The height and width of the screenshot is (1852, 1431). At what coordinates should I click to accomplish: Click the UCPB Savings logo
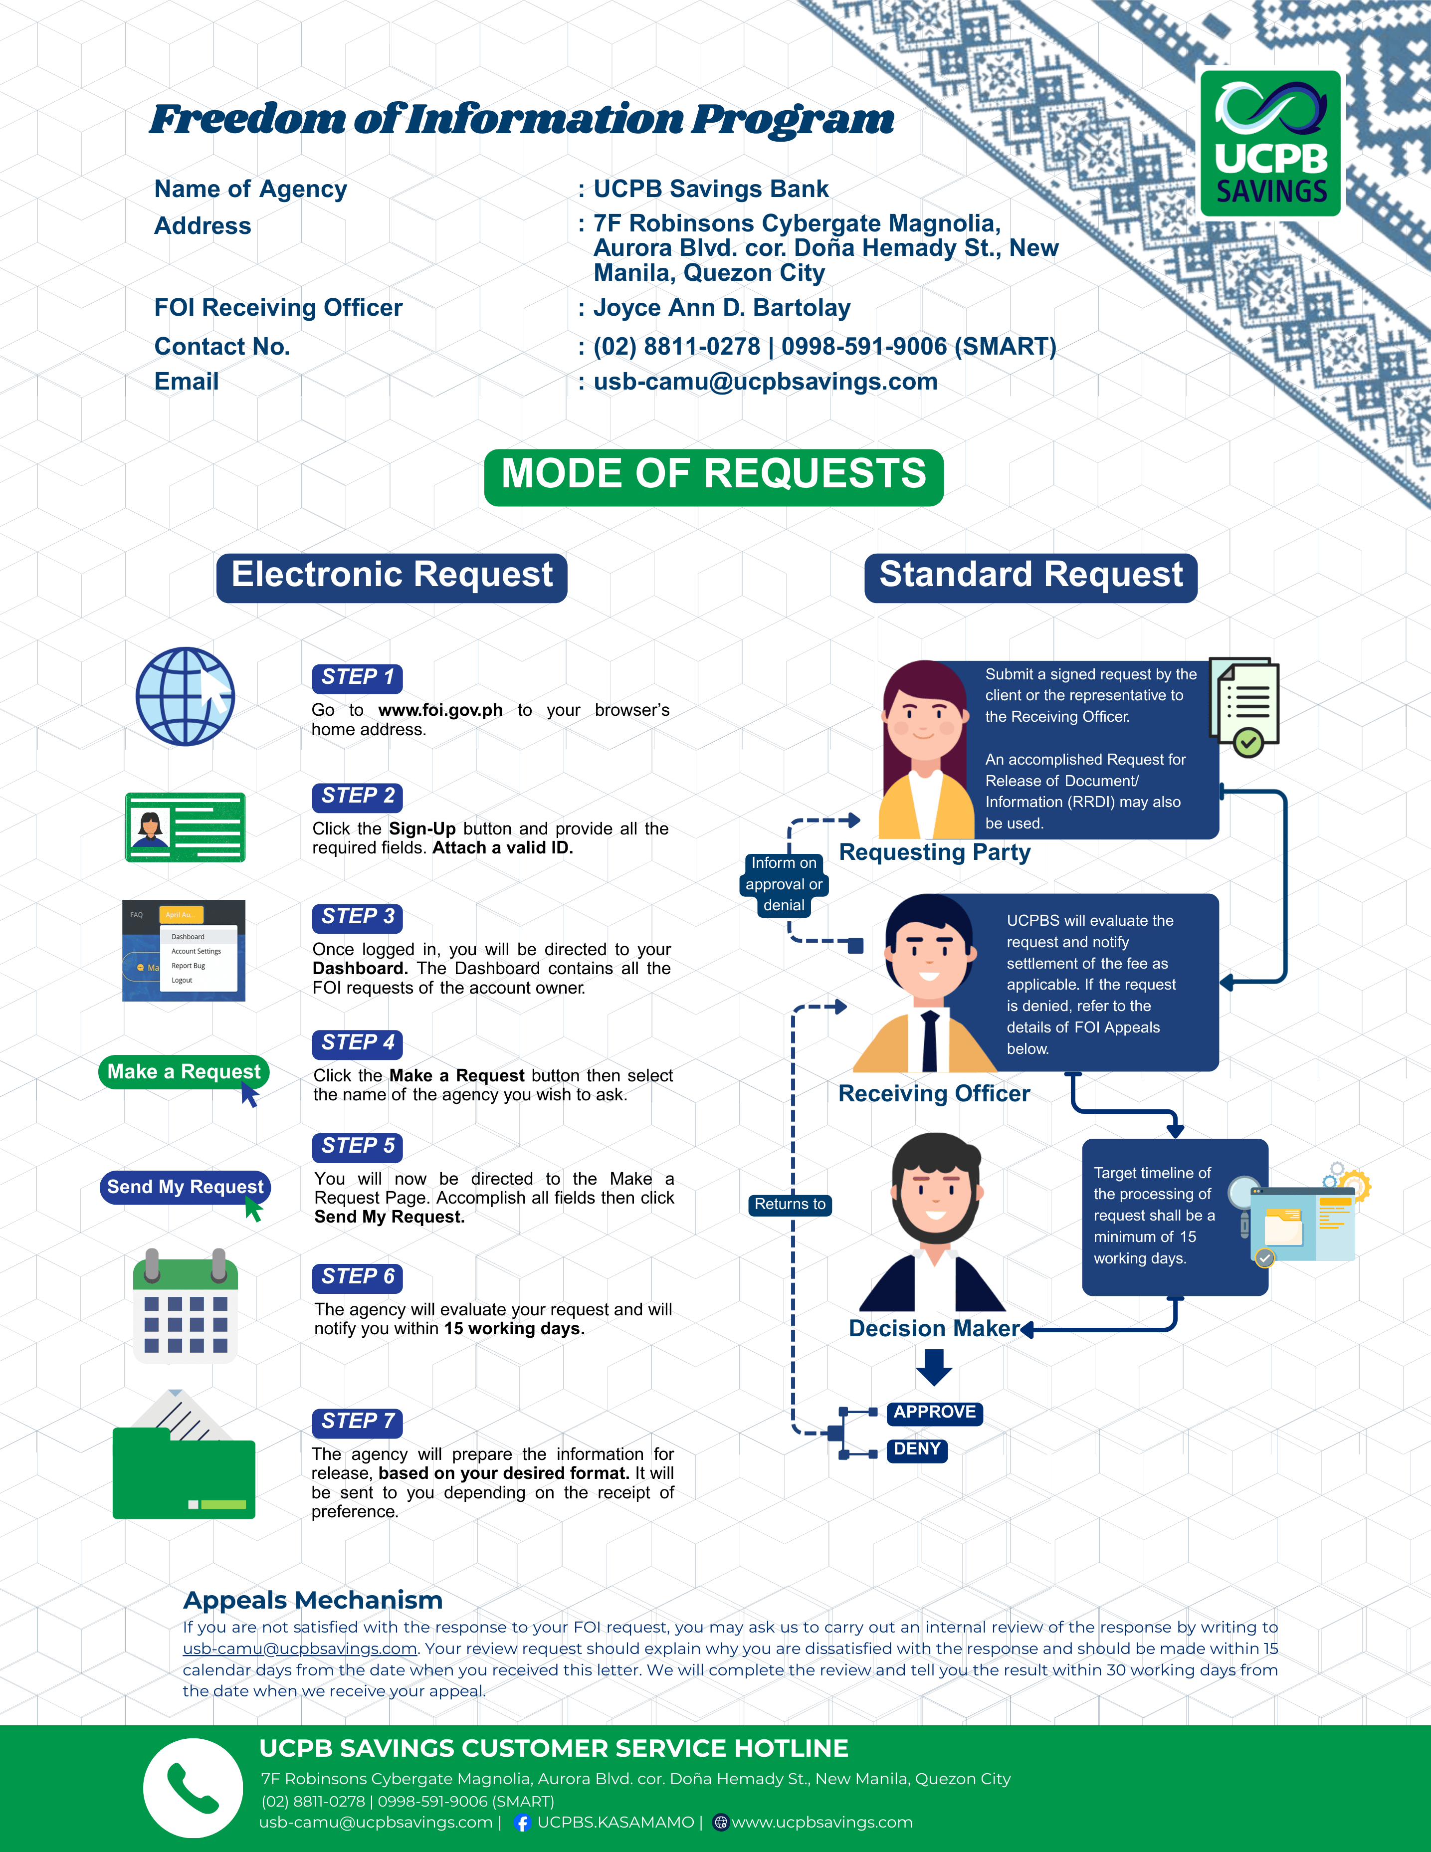coord(1270,143)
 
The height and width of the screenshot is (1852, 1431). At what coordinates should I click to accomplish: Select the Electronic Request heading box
coord(392,578)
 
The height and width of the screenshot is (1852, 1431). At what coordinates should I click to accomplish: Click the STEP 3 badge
coord(357,917)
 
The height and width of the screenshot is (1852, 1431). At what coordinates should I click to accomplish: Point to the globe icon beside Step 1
coord(186,696)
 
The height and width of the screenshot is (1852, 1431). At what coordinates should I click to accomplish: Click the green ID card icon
coord(185,827)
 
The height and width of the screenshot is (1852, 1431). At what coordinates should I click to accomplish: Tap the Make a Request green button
coord(184,1072)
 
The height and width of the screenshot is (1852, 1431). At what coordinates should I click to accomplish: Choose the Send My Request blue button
coord(185,1186)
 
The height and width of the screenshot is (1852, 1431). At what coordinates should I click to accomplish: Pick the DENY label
coord(917,1449)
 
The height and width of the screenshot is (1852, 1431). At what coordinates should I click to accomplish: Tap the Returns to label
coord(790,1204)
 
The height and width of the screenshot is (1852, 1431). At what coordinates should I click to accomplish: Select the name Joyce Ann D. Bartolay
coord(721,308)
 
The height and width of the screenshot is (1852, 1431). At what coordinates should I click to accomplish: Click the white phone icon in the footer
coord(193,1788)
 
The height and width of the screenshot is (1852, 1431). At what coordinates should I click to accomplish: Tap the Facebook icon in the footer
coord(523,1822)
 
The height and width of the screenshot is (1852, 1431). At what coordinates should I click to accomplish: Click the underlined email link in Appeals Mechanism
coord(300,1648)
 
